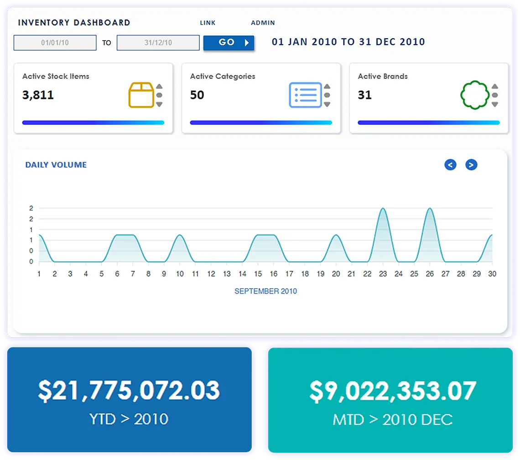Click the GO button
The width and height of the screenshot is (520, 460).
[229, 43]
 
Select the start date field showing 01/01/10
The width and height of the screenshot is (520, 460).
[55, 43]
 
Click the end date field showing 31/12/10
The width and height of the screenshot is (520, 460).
[158, 43]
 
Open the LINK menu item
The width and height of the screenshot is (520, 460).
[208, 23]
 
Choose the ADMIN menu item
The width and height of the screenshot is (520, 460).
[263, 23]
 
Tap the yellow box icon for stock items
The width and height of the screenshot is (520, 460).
[141, 95]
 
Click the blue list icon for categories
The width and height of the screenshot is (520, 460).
[306, 95]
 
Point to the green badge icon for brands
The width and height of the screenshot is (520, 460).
[475, 95]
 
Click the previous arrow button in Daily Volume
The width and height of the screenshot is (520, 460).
[450, 165]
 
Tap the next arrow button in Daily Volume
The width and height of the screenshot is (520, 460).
[471, 165]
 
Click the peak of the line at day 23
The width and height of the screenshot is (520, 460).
[383, 208]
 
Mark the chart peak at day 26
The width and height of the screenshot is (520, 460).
[430, 208]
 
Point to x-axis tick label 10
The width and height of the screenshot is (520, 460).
[180, 274]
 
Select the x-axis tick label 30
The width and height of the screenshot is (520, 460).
[492, 274]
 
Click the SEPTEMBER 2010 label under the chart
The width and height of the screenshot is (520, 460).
[265, 291]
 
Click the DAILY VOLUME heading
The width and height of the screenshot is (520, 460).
[56, 165]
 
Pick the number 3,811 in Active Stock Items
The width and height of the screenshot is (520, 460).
[38, 95]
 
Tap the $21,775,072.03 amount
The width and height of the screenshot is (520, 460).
[129, 390]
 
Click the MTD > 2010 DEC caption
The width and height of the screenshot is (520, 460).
[393, 419]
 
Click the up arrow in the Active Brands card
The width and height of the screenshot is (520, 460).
[495, 87]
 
